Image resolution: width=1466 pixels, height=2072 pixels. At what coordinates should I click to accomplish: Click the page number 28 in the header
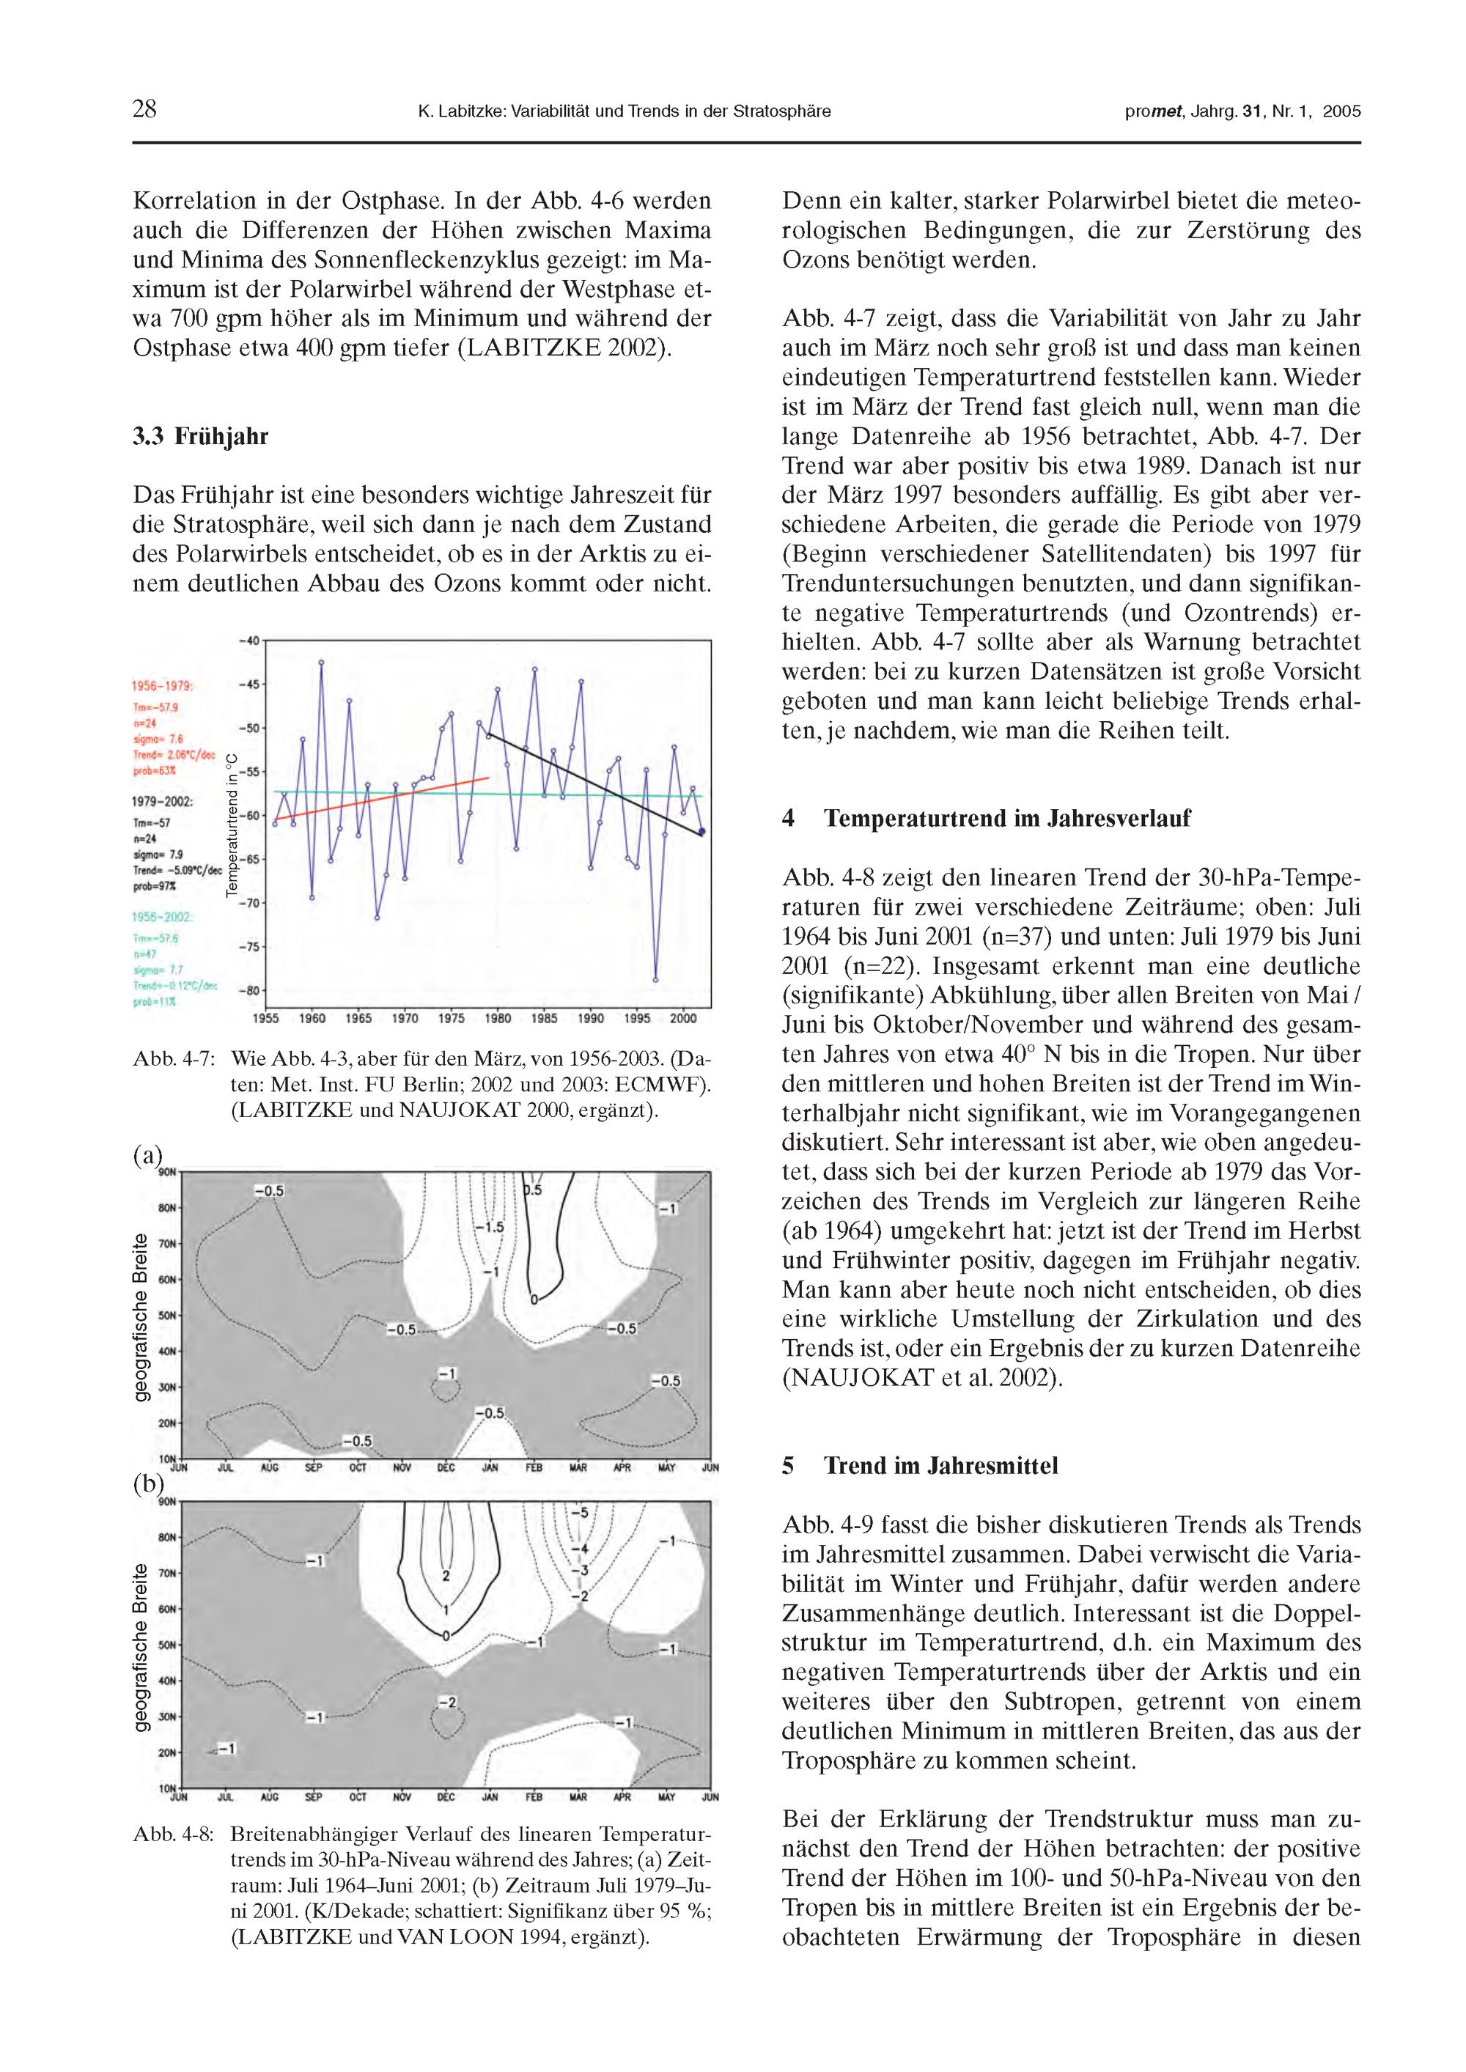[x=144, y=110]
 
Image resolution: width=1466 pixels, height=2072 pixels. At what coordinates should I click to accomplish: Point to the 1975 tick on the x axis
[x=452, y=1019]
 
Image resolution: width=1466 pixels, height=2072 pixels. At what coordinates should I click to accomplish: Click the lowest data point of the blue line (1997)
[x=655, y=980]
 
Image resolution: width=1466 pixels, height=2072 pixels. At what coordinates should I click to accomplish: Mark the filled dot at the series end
[x=702, y=831]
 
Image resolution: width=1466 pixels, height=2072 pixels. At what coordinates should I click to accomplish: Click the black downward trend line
[x=596, y=784]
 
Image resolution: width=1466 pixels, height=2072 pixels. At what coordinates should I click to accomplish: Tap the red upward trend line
[x=379, y=799]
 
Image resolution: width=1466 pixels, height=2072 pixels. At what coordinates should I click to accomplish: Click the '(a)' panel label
[x=147, y=1156]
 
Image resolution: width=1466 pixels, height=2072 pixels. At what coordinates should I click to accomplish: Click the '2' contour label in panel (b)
[x=445, y=1576]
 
